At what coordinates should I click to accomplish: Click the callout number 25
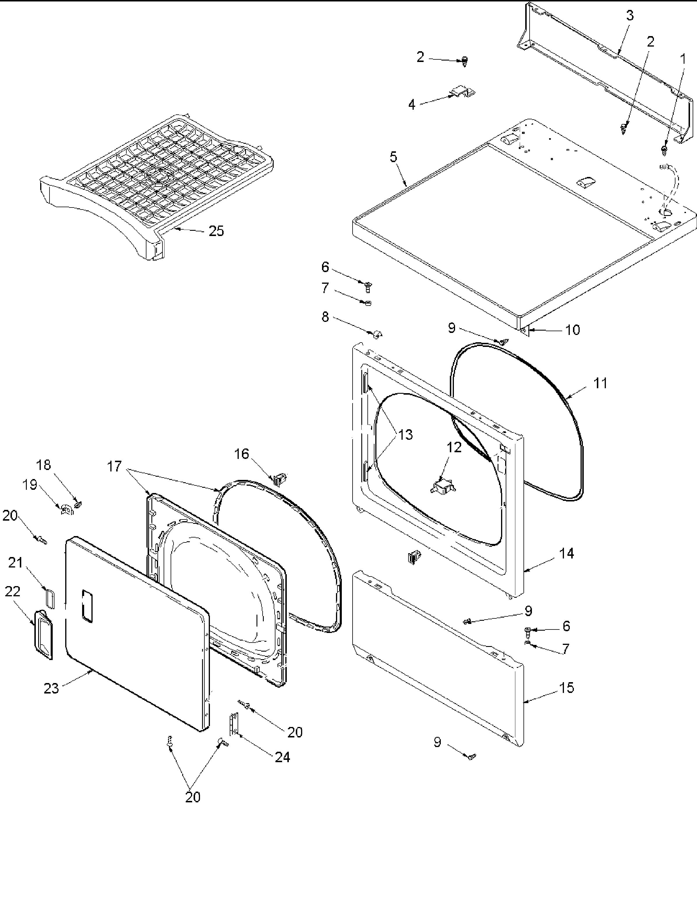point(216,231)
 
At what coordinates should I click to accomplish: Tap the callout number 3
point(630,16)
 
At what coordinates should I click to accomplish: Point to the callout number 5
point(393,157)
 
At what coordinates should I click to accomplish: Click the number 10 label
point(572,330)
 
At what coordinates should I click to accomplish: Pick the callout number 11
point(600,383)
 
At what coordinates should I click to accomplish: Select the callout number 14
point(567,553)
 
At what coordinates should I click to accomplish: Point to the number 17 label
point(114,467)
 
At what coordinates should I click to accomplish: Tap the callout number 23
point(52,689)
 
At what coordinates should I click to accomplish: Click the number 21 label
point(16,562)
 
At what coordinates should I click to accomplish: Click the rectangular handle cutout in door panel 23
point(87,606)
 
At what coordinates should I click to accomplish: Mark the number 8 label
point(325,317)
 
